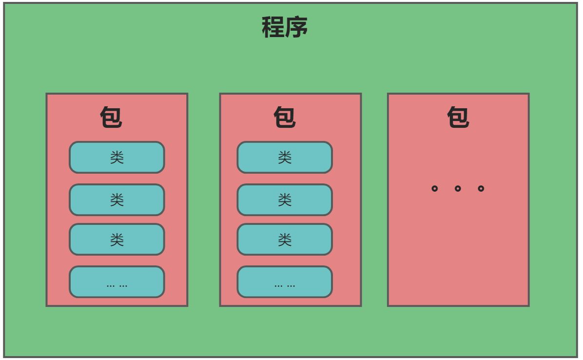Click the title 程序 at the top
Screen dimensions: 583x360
pos(285,27)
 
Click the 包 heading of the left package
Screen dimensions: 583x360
pos(111,118)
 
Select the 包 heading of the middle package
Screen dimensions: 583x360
pos(285,118)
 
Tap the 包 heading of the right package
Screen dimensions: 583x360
pos(458,118)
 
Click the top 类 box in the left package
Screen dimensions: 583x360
pos(117,158)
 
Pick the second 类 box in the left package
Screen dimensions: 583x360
pos(117,200)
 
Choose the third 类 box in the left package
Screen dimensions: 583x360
pos(117,240)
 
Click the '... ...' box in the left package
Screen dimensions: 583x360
pos(117,282)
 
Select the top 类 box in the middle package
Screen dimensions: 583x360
pos(285,158)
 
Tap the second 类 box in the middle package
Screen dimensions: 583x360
pos(285,200)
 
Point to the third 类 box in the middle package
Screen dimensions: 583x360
pos(285,240)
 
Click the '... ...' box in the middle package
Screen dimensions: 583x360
pos(285,282)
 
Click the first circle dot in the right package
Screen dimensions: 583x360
pos(435,188)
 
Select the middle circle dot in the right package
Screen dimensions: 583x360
pos(458,188)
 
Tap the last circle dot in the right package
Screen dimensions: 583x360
pos(481,188)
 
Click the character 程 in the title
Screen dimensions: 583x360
pos(273,27)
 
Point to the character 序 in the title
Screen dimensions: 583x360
pos(296,27)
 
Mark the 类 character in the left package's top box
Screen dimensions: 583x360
pos(117,158)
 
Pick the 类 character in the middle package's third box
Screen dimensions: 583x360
pos(285,240)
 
